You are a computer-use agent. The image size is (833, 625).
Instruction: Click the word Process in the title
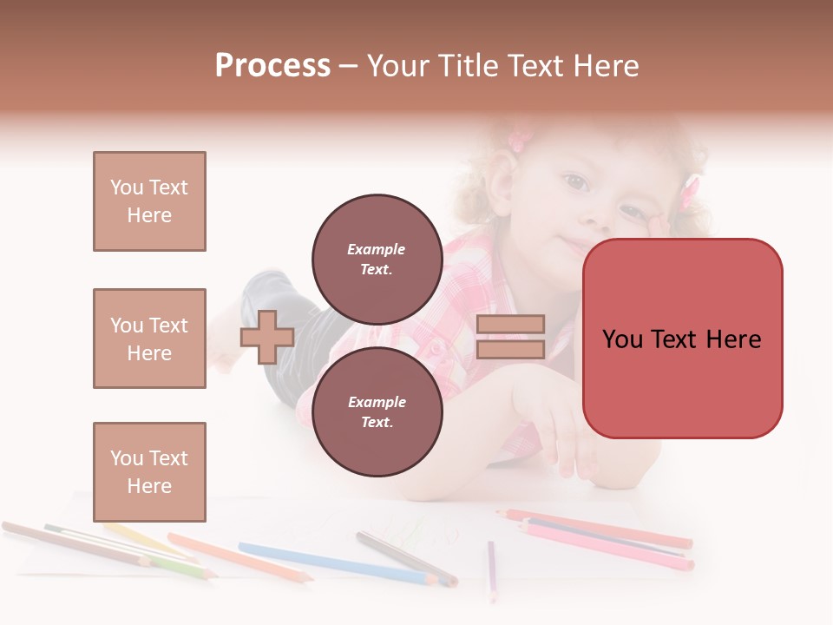pos(272,66)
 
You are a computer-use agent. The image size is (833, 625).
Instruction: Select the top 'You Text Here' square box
pos(149,201)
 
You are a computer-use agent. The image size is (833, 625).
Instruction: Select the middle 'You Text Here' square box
pos(149,339)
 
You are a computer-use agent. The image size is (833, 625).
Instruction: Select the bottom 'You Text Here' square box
pos(149,471)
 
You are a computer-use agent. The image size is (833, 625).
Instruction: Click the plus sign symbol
pos(267,337)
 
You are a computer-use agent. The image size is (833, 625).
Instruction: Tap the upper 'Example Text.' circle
pos(377,259)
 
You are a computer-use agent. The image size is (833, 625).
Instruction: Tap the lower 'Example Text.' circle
pos(377,411)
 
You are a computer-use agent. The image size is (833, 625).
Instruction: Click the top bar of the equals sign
pos(511,324)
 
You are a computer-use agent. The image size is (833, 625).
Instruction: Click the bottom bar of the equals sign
pos(511,349)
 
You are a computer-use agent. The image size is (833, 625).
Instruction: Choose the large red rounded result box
pos(682,339)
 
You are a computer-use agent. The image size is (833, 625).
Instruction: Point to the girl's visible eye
pos(575,182)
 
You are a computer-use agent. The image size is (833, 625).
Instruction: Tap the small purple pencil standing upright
pos(491,569)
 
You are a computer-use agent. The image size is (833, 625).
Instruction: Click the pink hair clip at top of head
pos(518,139)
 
